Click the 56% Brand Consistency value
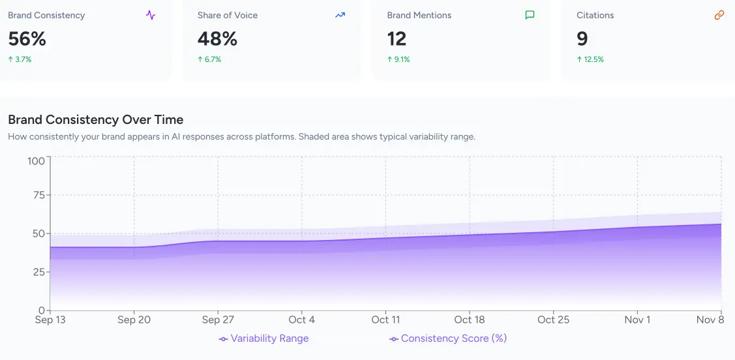point(27,39)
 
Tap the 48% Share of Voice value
point(217,39)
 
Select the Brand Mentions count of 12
point(397,39)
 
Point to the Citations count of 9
point(582,39)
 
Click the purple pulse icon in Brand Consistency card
point(151,15)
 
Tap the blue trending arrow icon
point(340,15)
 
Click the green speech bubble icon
point(530,15)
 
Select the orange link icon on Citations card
point(719,15)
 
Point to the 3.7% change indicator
point(20,59)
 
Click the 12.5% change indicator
point(590,59)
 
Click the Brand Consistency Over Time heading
point(95,120)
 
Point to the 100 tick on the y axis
point(36,160)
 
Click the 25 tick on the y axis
point(38,272)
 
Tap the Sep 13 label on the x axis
point(51,320)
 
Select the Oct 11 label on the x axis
point(385,320)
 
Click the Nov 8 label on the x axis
point(710,320)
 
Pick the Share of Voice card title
point(228,15)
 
